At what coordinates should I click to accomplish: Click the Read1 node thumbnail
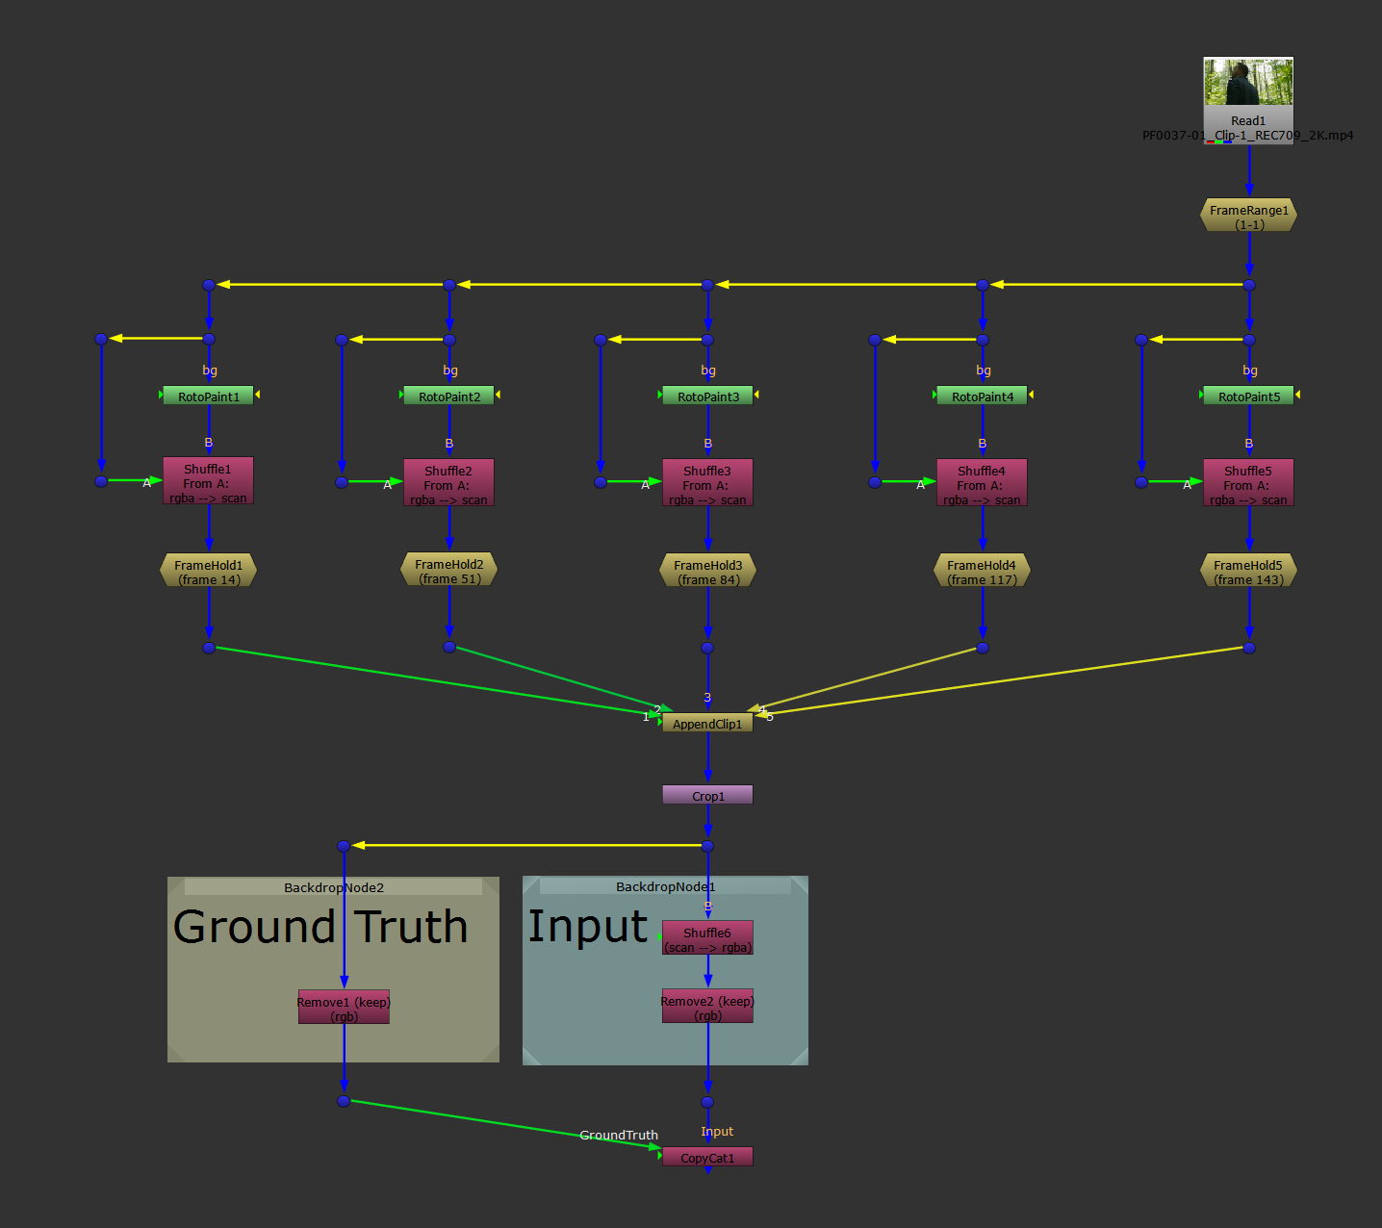(x=1248, y=82)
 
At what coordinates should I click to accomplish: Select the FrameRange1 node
(x=1248, y=216)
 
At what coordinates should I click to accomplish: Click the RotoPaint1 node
(x=208, y=396)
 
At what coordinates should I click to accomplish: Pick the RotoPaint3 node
(x=707, y=396)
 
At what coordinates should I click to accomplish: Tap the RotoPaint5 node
(x=1248, y=396)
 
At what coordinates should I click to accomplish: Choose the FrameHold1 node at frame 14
(x=208, y=571)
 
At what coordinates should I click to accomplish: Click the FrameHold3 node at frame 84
(x=707, y=571)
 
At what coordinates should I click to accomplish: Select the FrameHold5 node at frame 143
(x=1248, y=571)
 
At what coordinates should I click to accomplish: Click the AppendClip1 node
(x=707, y=724)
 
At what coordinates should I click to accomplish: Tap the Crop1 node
(x=707, y=795)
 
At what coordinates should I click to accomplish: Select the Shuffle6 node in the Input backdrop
(x=707, y=938)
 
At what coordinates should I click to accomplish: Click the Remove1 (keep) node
(x=344, y=1007)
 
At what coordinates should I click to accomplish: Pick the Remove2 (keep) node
(x=707, y=1007)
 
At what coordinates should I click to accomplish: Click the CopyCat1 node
(x=707, y=1157)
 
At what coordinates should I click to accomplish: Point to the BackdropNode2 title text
(x=334, y=887)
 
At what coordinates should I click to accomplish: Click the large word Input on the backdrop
(x=588, y=927)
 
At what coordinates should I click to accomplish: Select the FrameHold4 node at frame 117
(x=982, y=571)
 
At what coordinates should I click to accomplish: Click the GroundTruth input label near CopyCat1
(x=619, y=1135)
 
